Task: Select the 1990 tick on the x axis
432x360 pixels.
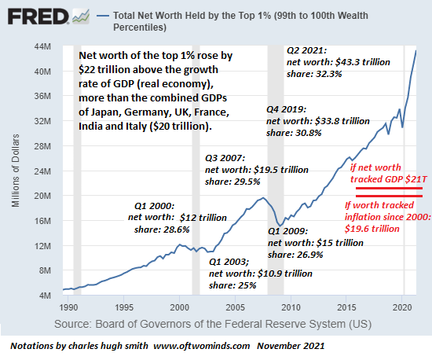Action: (68, 307)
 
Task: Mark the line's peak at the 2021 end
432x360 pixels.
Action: (416, 50)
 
